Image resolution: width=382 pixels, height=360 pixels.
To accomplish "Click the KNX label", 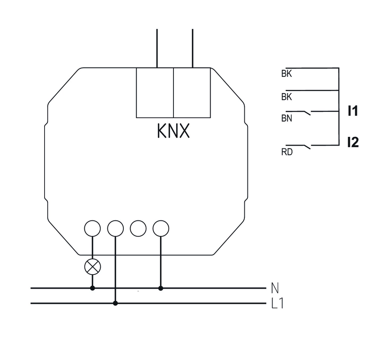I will coord(173,131).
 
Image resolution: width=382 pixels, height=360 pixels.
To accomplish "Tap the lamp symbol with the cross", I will coord(93,267).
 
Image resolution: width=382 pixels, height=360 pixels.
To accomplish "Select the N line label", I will coord(275,287).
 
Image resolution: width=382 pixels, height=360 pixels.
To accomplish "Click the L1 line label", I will coord(277,304).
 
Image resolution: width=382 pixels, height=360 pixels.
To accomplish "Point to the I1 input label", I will coord(353,111).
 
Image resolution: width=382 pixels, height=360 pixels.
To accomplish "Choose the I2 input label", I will coord(353,142).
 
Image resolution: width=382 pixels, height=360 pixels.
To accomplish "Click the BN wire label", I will coord(286,119).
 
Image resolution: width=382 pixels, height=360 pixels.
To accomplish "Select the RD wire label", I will coord(286,152).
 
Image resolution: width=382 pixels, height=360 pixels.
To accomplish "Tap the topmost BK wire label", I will coord(286,74).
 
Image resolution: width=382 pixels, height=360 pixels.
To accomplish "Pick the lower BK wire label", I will coord(286,97).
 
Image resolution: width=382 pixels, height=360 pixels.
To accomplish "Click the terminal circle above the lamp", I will coord(93,228).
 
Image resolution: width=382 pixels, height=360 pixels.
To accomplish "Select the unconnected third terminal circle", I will coord(138,228).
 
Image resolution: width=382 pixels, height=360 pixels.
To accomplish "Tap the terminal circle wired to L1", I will coord(115,228).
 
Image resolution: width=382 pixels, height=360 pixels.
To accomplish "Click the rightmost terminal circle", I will coord(161,228).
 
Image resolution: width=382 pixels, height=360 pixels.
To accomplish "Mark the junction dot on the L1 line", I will coord(115,303).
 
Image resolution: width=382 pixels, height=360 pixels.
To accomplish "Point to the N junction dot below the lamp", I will coord(93,288).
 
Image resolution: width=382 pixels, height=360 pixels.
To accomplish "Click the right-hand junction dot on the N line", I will coord(161,288).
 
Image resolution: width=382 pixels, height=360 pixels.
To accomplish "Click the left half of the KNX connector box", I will coord(155,92).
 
